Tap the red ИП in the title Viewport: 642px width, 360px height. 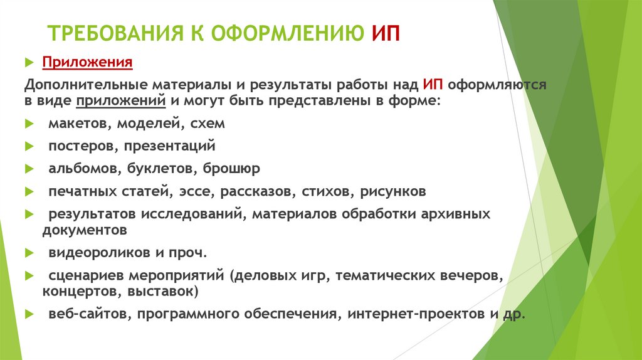tap(385, 33)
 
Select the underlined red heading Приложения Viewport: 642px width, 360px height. tap(87, 63)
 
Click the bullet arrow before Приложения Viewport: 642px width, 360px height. tap(29, 63)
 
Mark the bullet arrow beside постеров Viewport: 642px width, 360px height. tap(29, 146)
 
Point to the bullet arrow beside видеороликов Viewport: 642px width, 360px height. tap(29, 253)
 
